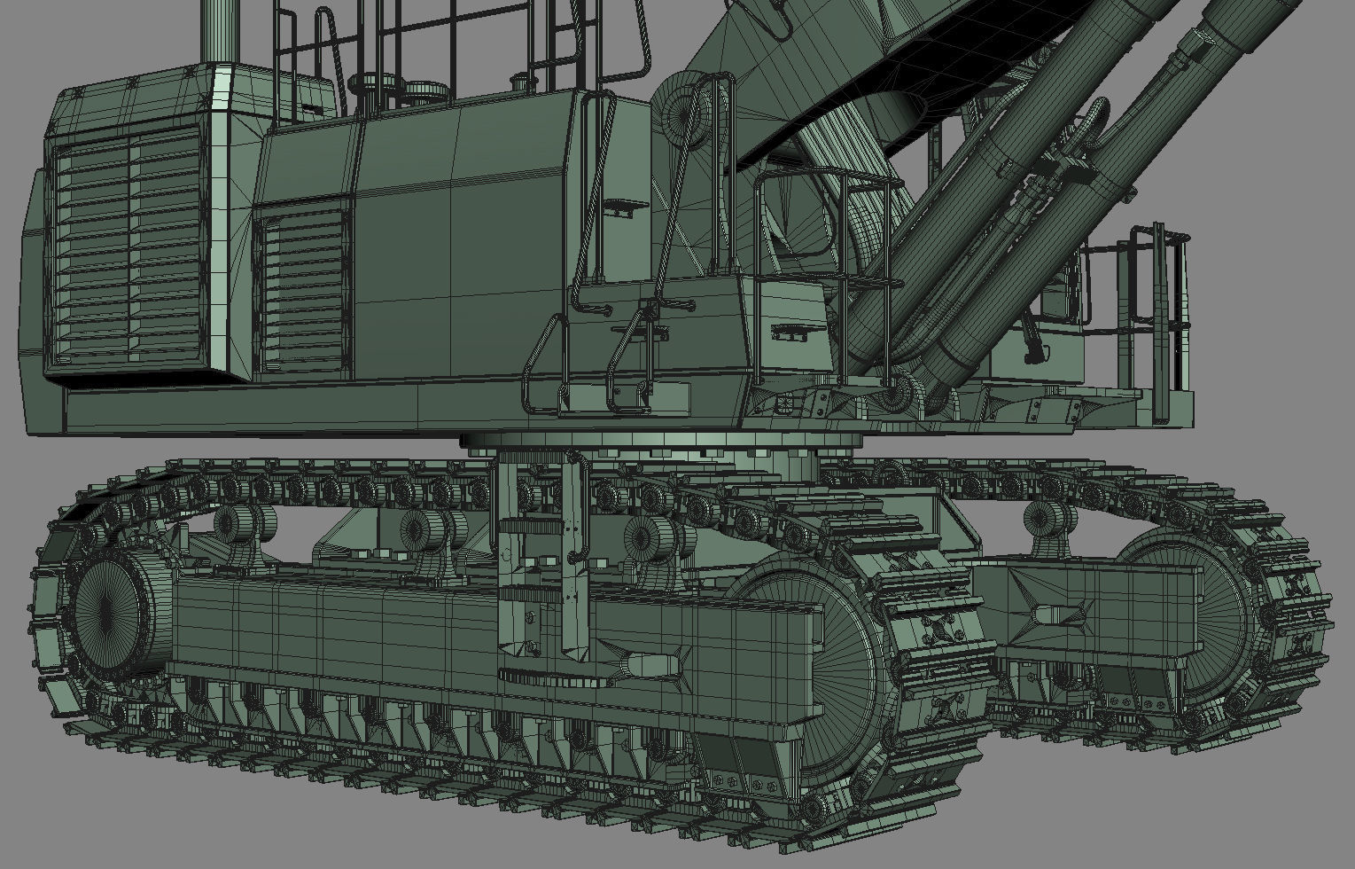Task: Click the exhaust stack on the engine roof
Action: [221, 31]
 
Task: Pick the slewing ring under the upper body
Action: [660, 441]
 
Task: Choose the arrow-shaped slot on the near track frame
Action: [656, 663]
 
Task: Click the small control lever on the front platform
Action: [1029, 341]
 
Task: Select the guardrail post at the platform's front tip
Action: [1159, 324]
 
